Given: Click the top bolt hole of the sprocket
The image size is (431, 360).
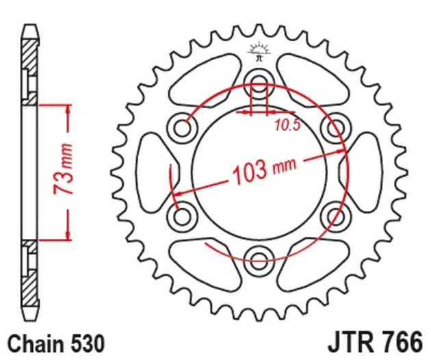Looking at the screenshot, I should [x=259, y=84].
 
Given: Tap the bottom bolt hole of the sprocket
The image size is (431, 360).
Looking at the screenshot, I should [x=259, y=259].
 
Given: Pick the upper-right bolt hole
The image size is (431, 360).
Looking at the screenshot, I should [x=335, y=127].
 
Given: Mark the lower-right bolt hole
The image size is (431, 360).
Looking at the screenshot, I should [x=335, y=216].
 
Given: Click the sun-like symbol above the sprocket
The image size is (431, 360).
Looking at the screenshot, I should [x=259, y=49].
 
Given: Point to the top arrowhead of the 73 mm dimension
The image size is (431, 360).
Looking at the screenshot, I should [x=68, y=110].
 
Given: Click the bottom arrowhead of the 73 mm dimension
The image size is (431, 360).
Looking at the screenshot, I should [x=68, y=235].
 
